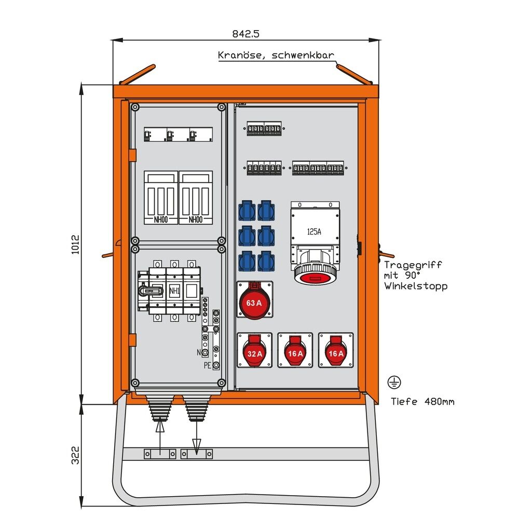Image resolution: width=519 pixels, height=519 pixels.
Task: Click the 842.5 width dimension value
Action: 245,34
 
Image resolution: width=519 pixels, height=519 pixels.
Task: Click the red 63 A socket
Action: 254,301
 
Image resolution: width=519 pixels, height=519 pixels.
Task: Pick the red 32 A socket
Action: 254,350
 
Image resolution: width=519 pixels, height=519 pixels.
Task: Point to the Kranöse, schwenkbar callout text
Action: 276,55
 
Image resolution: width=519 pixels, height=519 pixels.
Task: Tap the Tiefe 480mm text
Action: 422,401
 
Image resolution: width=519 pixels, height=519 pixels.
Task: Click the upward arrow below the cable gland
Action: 160,427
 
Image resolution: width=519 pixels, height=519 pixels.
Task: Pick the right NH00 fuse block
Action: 195,198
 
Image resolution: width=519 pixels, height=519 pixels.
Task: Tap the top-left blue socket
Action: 247,211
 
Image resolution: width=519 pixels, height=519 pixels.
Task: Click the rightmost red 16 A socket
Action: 336,350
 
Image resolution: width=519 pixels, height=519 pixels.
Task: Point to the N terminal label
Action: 199,352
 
